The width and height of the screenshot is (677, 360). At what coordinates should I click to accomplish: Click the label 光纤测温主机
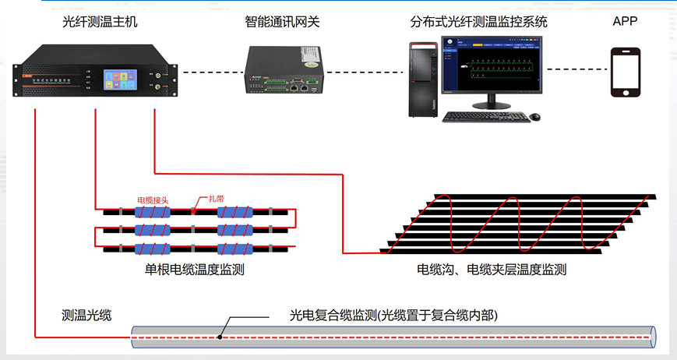(x=100, y=21)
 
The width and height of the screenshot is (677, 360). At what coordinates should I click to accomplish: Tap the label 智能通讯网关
(x=282, y=21)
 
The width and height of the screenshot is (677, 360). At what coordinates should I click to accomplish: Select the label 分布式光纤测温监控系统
(x=478, y=21)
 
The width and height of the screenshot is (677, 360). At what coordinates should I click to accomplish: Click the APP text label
(x=625, y=21)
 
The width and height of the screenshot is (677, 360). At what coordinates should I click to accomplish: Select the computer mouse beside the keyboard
(x=534, y=117)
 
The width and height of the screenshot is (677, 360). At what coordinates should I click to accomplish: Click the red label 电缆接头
(x=152, y=200)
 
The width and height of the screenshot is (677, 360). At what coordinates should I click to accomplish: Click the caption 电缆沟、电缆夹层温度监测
(x=492, y=270)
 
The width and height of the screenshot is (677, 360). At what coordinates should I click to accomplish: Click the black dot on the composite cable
(x=221, y=337)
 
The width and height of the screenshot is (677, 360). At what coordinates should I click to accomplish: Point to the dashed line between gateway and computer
(x=365, y=72)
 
